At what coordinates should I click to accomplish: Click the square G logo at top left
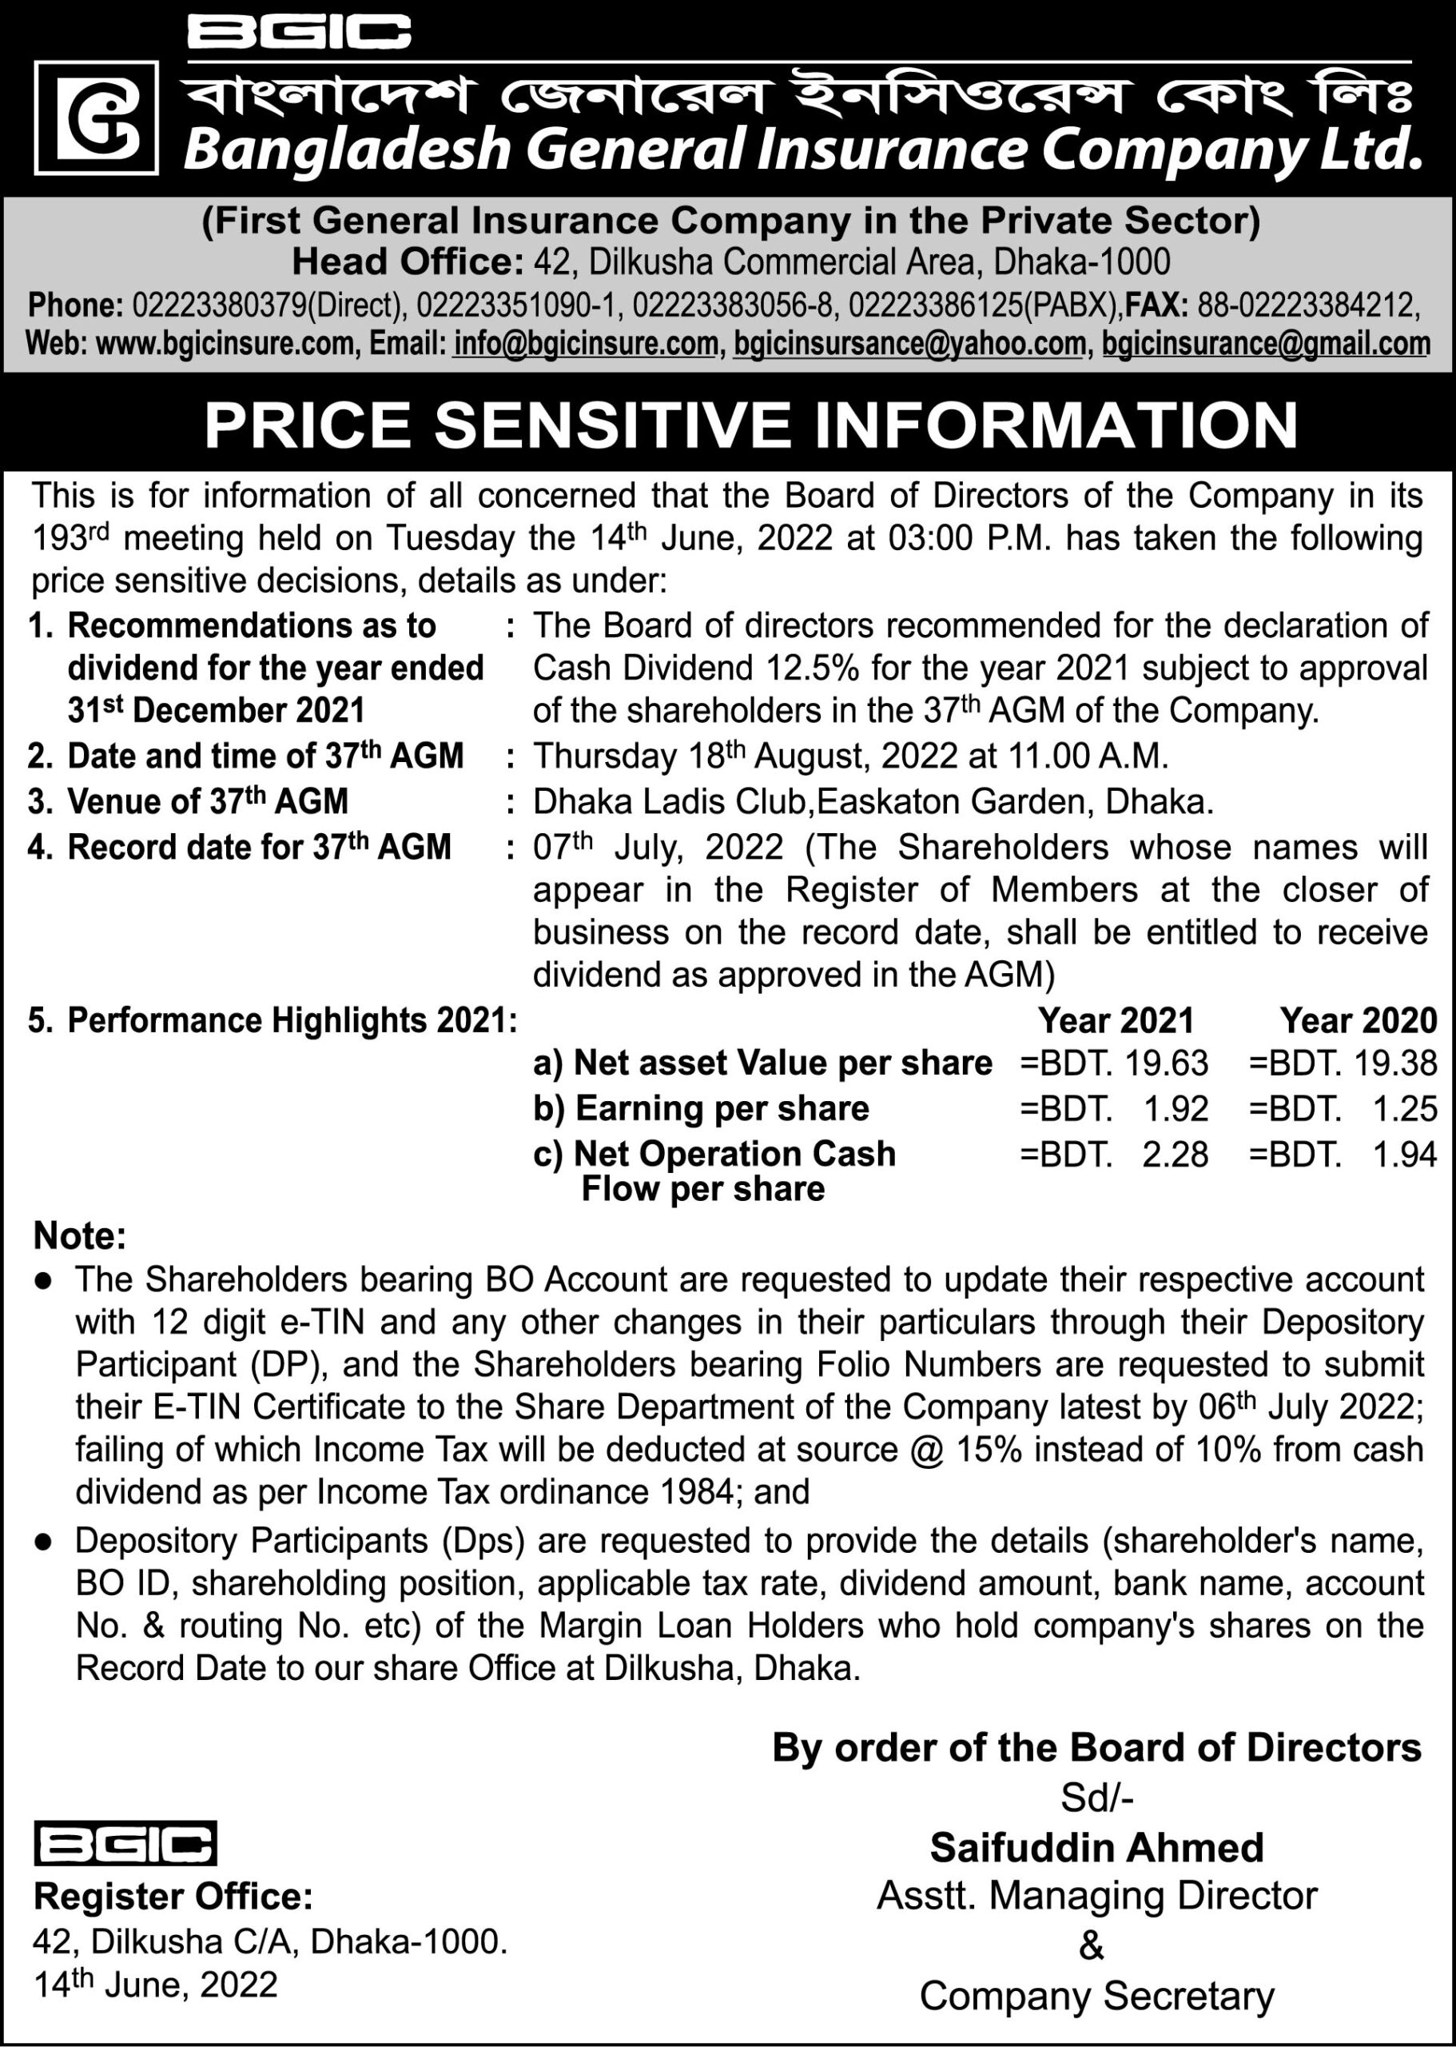click(x=96, y=118)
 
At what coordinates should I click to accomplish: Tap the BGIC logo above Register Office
click(x=125, y=1844)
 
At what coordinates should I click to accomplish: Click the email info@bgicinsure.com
click(x=586, y=344)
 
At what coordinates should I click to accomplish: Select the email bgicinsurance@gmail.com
click(x=1265, y=344)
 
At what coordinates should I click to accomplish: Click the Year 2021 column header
click(x=1116, y=1021)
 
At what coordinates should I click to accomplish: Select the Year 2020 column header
click(x=1358, y=1021)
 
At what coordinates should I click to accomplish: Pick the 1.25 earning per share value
click(x=1404, y=1109)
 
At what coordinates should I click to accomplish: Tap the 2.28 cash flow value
click(x=1175, y=1155)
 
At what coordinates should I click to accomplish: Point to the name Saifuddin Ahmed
click(x=1096, y=1848)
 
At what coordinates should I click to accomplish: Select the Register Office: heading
click(x=173, y=1897)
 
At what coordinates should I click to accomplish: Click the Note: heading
click(x=80, y=1236)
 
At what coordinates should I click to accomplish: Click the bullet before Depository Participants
click(x=42, y=1541)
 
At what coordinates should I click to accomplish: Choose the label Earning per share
click(x=722, y=1109)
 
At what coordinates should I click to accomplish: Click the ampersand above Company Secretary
click(x=1091, y=1946)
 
